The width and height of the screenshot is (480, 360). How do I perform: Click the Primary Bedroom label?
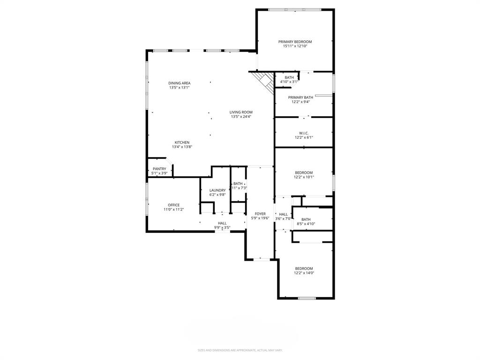click(x=295, y=42)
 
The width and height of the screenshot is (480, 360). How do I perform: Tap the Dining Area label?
click(x=180, y=83)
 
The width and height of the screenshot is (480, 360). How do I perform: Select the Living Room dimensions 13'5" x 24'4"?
click(x=241, y=117)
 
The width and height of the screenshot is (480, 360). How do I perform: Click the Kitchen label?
click(x=182, y=142)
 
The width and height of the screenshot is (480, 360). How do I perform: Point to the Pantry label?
click(x=159, y=169)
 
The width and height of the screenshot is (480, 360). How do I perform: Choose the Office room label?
click(x=173, y=205)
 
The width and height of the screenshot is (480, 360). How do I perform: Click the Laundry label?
click(x=217, y=190)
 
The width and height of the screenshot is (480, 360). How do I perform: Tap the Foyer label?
click(x=260, y=214)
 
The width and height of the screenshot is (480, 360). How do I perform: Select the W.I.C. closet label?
click(x=303, y=133)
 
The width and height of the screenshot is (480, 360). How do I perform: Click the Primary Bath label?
click(x=300, y=97)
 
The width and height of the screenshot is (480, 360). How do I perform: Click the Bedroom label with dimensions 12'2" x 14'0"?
click(x=304, y=269)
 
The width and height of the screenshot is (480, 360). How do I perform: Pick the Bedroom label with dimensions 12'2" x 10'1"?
click(x=304, y=172)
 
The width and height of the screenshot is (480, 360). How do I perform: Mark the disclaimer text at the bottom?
click(x=240, y=350)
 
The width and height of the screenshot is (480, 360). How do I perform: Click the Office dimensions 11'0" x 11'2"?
click(x=173, y=210)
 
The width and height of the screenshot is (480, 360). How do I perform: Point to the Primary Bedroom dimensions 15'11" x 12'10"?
click(x=295, y=46)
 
